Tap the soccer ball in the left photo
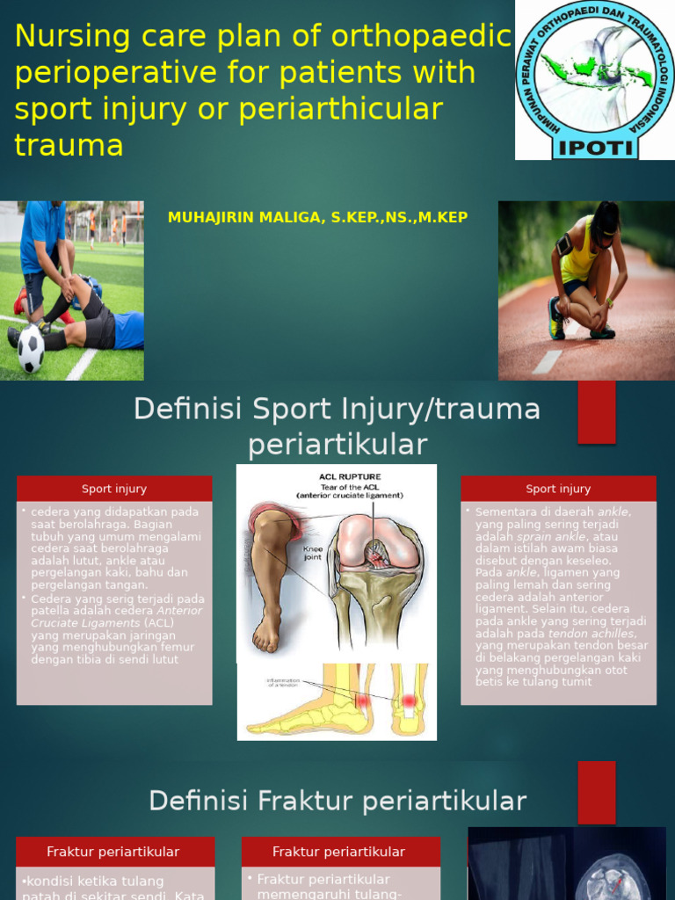coord(31,349)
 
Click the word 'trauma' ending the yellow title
coord(69,144)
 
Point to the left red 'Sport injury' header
coord(114,489)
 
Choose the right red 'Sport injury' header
coord(558,489)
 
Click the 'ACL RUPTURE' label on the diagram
coord(350,476)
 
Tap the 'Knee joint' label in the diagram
coord(314,552)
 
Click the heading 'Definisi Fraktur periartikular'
coord(337,801)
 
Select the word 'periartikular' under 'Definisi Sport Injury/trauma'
coord(337,445)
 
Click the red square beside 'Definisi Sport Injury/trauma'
coord(596,411)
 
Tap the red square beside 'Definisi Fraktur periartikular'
coord(596,792)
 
